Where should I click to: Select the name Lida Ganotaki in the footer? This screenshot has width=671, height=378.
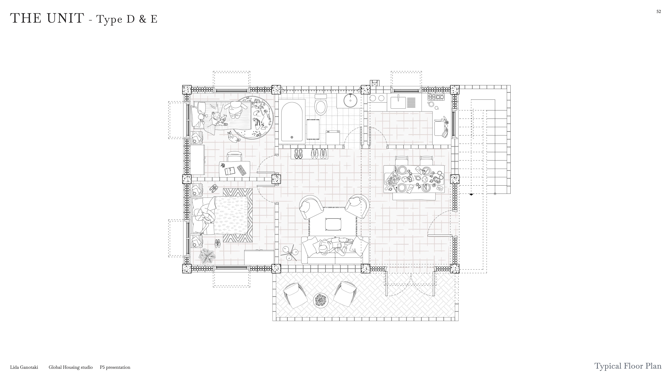[x=24, y=367]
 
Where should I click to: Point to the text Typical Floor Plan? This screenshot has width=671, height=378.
[x=628, y=366]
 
